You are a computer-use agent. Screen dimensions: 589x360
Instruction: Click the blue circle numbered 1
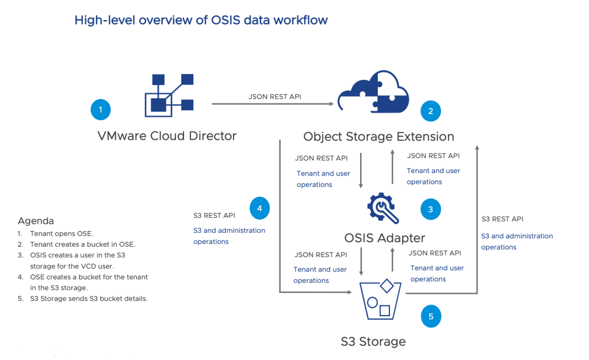coord(101,110)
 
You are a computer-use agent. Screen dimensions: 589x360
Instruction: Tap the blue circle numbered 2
coord(430,111)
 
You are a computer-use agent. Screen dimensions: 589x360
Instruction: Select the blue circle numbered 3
coord(430,209)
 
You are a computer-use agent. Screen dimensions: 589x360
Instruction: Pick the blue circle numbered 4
coord(259,208)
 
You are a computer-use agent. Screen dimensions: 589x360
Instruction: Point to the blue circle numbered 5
coord(431,316)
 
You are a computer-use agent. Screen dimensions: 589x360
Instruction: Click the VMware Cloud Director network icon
coord(169,95)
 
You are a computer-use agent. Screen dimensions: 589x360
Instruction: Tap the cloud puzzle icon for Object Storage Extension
coord(373,91)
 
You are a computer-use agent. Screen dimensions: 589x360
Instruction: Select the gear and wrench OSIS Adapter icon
coord(383,208)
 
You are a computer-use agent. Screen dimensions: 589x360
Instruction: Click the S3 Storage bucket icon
coord(380,299)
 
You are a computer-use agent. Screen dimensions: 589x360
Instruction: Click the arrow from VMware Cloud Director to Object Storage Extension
coord(273,104)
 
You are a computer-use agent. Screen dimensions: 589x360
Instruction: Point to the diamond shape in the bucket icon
coord(387,286)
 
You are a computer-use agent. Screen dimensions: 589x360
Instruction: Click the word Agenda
coord(36,221)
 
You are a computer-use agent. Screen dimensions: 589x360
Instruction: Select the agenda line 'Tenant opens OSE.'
coord(62,233)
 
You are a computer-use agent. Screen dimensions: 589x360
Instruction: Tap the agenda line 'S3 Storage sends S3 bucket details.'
coord(89,299)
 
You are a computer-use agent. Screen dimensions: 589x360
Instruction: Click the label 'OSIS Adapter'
coord(385,238)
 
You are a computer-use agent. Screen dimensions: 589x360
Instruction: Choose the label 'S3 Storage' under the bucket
coord(373,342)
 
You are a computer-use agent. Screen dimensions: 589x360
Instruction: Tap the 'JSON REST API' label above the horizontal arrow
coord(274,97)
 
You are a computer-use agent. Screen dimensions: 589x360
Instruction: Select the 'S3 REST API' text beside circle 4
coord(214,216)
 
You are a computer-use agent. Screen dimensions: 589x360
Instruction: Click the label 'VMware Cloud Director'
coord(167,136)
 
